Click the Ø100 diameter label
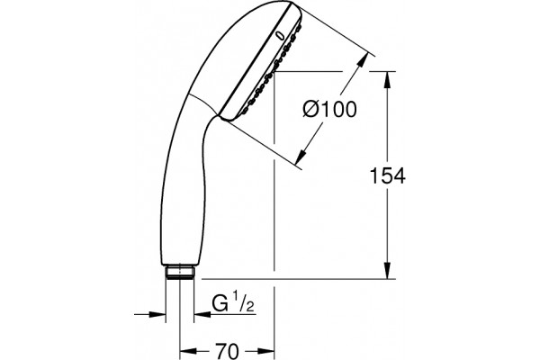[x=329, y=110]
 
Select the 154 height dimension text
[x=387, y=175]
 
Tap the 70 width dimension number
[x=227, y=351]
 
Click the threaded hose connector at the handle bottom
[x=180, y=272]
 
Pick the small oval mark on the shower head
[x=282, y=35]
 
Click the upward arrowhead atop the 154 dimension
[x=387, y=80]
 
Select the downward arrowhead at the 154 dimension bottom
[x=387, y=270]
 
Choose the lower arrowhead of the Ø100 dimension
[x=301, y=156]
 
